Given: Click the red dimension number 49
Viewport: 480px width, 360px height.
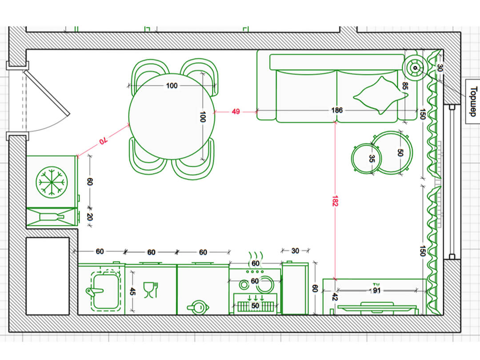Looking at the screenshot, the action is point(236,112).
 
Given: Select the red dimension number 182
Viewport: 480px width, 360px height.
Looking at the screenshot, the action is point(335,201).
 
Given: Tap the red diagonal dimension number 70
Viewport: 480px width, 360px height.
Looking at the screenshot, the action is point(104,141).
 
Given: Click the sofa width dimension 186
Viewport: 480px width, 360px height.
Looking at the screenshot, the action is point(337,110).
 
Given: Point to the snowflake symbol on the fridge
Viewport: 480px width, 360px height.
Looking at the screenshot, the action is point(52,182).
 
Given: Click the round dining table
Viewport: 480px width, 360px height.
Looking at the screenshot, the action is point(172,116).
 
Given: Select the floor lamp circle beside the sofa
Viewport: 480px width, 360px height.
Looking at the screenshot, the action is point(415,68).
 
